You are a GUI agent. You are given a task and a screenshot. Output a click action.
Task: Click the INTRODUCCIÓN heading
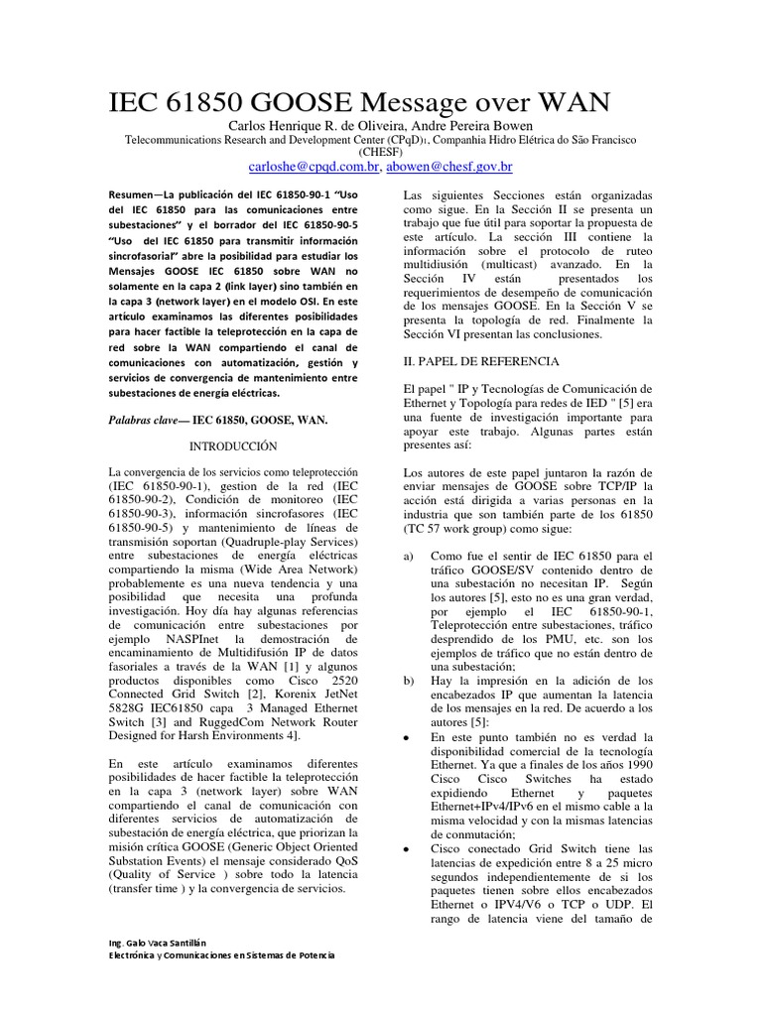[x=230, y=446]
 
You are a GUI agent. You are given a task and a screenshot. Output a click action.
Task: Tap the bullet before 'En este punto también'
[x=409, y=739]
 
